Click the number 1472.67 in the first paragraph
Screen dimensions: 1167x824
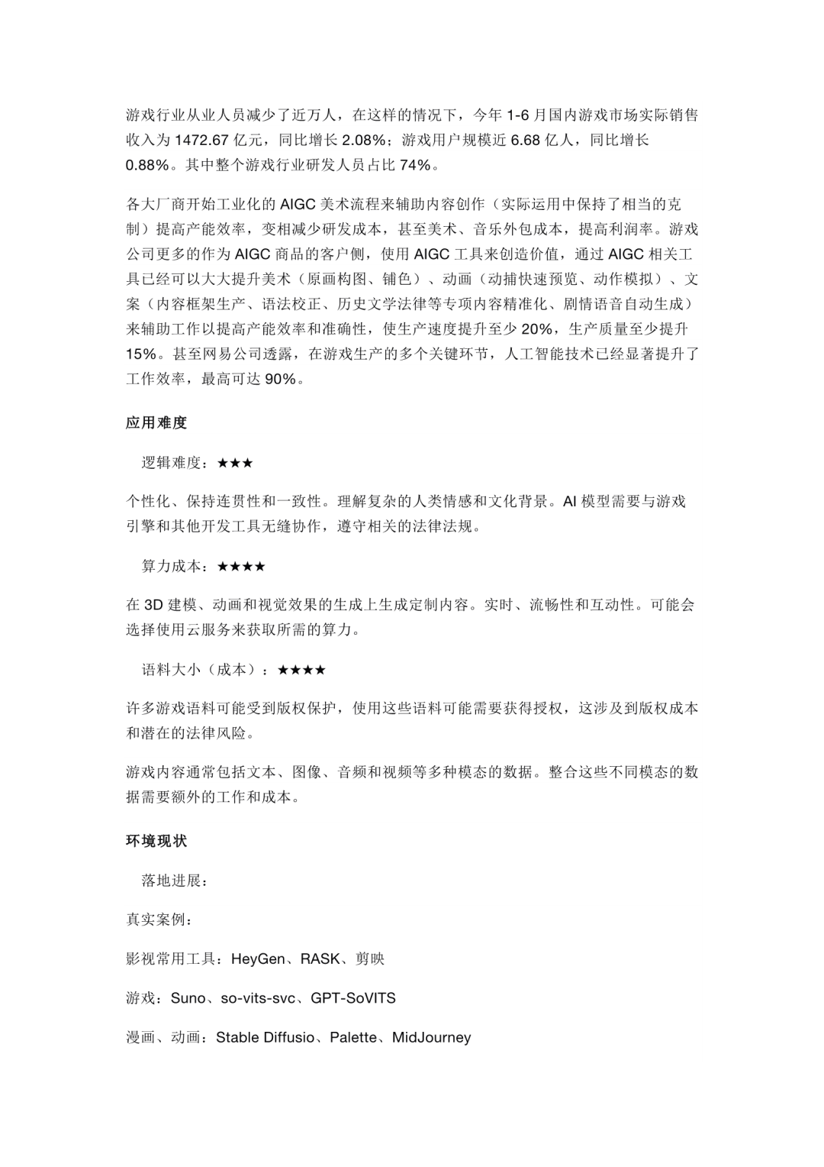(x=202, y=140)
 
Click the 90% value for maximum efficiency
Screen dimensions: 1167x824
(x=280, y=379)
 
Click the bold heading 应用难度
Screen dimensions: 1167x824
(x=156, y=422)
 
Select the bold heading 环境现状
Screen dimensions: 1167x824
(x=156, y=841)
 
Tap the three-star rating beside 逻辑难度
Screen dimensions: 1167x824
(x=235, y=463)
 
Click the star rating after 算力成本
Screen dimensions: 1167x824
(x=241, y=567)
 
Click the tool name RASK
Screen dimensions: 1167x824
(x=320, y=958)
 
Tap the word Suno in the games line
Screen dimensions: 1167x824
(x=188, y=998)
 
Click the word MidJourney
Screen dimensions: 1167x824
(x=431, y=1037)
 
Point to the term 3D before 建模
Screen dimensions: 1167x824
(x=154, y=605)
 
